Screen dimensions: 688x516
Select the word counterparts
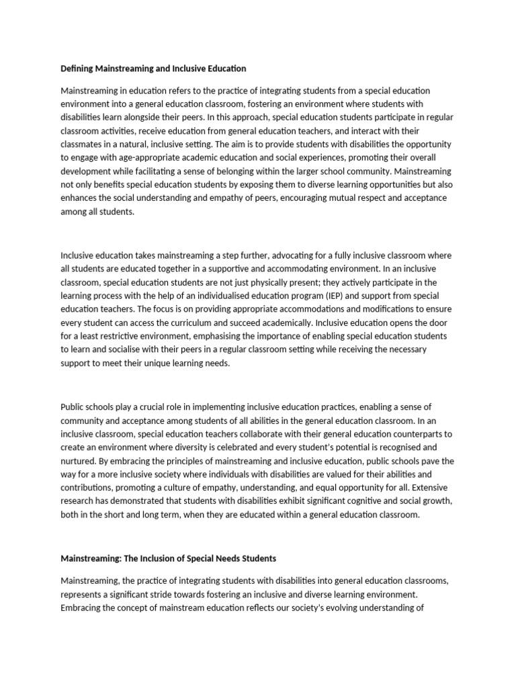[x=410, y=433]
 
